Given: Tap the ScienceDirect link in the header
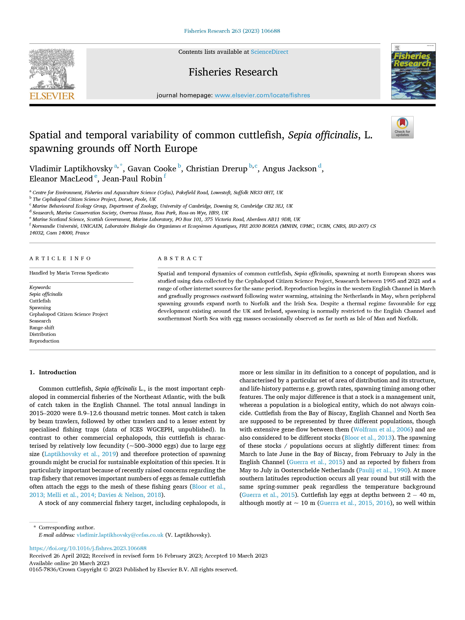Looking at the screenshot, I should coord(269,52).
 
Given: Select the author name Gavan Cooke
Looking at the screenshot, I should coord(152,169).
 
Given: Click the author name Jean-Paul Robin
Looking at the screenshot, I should coord(132,179).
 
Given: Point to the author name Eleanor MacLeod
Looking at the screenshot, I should coord(61,179).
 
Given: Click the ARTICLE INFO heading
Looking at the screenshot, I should coord(60,258).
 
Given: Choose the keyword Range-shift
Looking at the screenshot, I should coord(42,328).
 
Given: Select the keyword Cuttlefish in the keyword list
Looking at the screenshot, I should coord(40,301).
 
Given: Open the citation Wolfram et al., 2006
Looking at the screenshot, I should coord(382,429).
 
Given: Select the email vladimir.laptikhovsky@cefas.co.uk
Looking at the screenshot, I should coord(120,535).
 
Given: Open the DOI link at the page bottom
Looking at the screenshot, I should coord(88,548).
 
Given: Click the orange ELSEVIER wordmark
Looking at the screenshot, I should coord(52,96).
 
